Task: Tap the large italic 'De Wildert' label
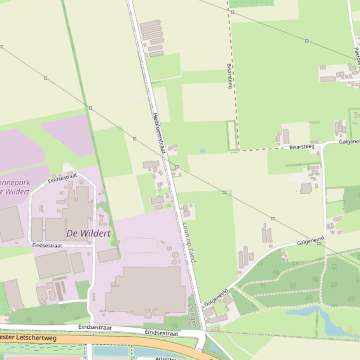[88, 233]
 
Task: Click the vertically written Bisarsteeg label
[230, 76]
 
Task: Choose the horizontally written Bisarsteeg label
[301, 147]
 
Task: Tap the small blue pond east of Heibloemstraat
[202, 151]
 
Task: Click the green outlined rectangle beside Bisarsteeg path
[231, 136]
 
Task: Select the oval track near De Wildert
[140, 245]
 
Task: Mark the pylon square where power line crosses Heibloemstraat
[176, 167]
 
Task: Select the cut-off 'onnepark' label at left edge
[14, 183]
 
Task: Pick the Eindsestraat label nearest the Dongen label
[162, 333]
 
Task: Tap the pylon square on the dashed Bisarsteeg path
[232, 12]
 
